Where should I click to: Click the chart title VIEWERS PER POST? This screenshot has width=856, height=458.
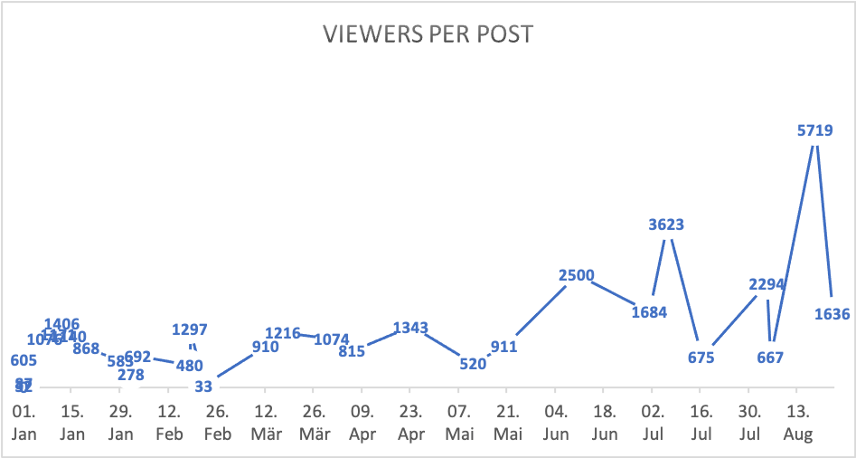pos(428,35)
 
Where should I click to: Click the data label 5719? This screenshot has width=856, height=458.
pos(814,130)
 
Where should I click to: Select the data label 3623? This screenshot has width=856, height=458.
pos(666,224)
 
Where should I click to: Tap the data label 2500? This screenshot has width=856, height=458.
pos(576,276)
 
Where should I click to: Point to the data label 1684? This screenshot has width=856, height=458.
pos(649,312)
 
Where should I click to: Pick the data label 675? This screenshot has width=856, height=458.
pos(701,357)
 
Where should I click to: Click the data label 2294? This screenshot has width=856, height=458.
pos(767,285)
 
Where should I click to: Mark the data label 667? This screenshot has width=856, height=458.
pos(769,357)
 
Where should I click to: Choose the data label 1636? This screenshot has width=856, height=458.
pos(832,315)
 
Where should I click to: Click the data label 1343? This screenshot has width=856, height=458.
pos(410,327)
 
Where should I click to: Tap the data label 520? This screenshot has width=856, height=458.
pos(473,364)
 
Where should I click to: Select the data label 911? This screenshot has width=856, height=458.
pos(503,346)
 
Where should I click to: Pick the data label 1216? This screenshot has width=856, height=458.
pos(283,333)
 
